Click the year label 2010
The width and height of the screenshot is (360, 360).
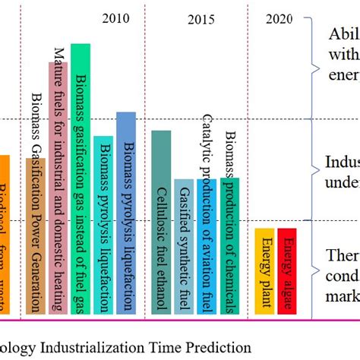click(x=115, y=18)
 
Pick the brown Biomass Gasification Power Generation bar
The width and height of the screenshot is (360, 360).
click(x=35, y=228)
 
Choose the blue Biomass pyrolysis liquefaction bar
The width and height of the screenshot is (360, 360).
click(x=126, y=213)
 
